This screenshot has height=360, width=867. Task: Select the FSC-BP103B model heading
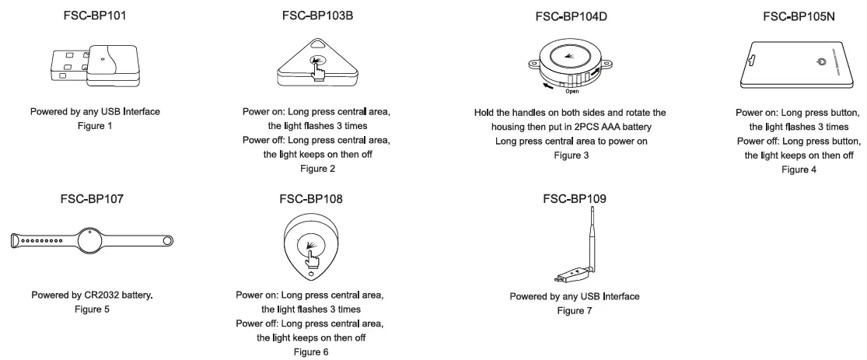[316, 16]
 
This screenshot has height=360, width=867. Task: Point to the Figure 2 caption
[316, 169]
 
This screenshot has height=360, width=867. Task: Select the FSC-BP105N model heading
[799, 16]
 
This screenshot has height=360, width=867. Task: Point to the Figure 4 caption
[799, 169]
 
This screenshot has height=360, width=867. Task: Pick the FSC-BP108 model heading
[311, 199]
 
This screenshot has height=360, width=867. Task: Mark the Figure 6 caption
[311, 351]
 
